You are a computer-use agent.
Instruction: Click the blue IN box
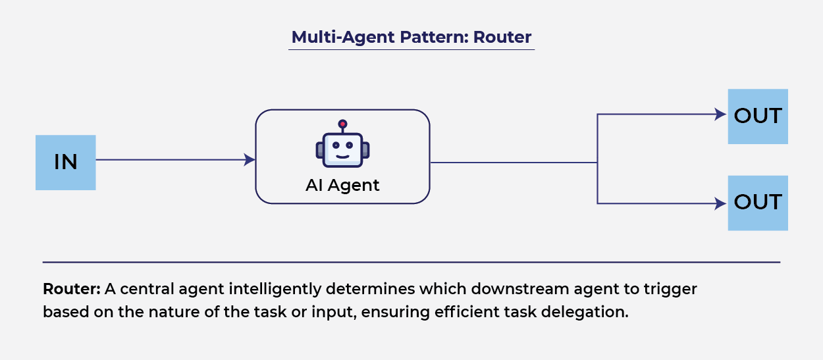click(65, 163)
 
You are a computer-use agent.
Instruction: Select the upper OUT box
click(757, 116)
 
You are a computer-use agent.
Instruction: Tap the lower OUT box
click(757, 203)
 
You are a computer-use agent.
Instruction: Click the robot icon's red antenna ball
click(342, 124)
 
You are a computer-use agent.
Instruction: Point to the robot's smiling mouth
click(342, 155)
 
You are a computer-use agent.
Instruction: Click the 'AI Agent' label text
click(342, 186)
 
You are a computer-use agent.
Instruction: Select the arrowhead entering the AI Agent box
click(250, 159)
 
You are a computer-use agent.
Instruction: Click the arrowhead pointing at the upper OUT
click(722, 115)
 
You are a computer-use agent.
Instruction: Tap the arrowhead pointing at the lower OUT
click(722, 204)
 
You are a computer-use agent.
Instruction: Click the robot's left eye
click(335, 144)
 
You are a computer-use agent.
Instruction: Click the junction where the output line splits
click(597, 162)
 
